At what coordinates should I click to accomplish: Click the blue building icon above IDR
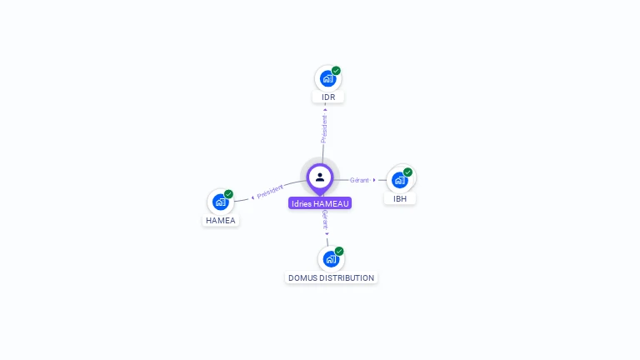(327, 78)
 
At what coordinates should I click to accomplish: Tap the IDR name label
(328, 97)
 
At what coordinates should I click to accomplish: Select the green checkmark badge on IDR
(336, 71)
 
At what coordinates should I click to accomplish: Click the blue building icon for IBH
(400, 180)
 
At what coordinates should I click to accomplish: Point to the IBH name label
(400, 199)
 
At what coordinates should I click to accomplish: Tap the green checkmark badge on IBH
(407, 172)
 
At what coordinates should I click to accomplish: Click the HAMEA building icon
(220, 202)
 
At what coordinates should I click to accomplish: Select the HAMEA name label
(221, 220)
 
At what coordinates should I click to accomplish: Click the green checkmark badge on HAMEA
(228, 194)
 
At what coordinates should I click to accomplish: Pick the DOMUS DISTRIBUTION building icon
(331, 259)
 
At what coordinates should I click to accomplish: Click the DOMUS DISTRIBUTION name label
(331, 278)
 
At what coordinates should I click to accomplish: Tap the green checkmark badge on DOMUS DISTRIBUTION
(339, 251)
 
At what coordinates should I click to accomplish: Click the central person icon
(320, 177)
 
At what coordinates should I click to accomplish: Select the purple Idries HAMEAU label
(320, 203)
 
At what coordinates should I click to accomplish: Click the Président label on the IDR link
(324, 128)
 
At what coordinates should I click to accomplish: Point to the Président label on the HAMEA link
(270, 191)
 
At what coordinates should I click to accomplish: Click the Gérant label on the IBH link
(359, 180)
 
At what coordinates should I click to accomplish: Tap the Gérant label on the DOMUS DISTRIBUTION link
(325, 220)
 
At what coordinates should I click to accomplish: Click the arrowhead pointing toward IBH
(374, 180)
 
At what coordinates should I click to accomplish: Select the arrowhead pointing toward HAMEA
(252, 197)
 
